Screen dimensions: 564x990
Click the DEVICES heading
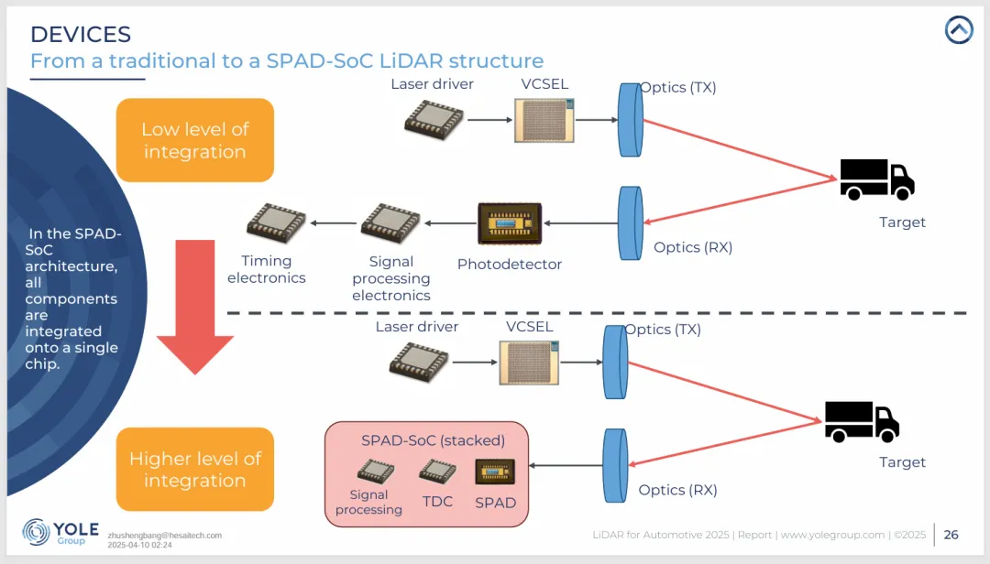tap(81, 35)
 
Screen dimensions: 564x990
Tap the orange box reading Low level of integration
tap(194, 140)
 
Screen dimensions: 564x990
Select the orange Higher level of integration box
tap(194, 469)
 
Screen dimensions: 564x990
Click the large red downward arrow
tap(193, 307)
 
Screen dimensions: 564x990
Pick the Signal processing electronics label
tap(390, 278)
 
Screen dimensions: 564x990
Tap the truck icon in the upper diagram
tap(876, 179)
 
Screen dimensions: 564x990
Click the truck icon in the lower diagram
tap(861, 421)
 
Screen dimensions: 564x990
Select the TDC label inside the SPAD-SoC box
tap(437, 502)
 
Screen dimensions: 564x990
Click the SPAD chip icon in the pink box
tap(495, 472)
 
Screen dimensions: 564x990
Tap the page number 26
tap(951, 535)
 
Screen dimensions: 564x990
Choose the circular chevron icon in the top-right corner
tap(959, 30)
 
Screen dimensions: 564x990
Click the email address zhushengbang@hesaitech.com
tap(165, 536)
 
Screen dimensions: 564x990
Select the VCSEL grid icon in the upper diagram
tap(544, 120)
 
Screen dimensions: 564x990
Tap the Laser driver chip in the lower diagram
tap(419, 362)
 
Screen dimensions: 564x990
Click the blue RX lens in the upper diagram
tap(630, 223)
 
